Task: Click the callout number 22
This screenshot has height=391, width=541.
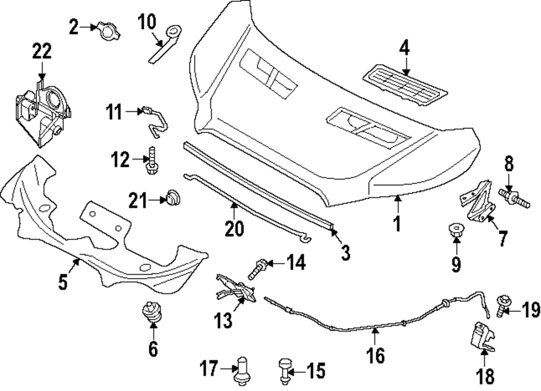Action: [42, 52]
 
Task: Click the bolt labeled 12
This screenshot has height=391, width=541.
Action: [152, 160]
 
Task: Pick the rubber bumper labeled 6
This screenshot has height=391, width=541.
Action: [151, 314]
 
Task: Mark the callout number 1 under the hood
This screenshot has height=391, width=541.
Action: [397, 223]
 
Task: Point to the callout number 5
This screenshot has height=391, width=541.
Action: [63, 282]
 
